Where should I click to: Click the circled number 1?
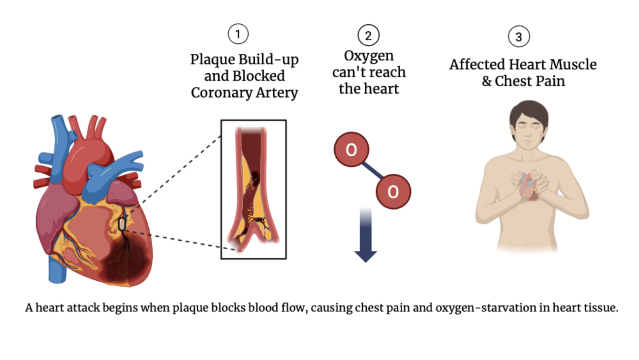tap(238, 34)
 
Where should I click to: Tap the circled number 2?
tap(368, 35)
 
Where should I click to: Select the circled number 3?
tap(519, 36)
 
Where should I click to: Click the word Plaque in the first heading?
tap(212, 59)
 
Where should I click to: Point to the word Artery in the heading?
tap(277, 92)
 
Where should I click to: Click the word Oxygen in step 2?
tap(369, 56)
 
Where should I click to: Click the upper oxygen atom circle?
tap(351, 150)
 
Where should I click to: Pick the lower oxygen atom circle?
tap(393, 192)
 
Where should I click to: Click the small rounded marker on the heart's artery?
tap(122, 224)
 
